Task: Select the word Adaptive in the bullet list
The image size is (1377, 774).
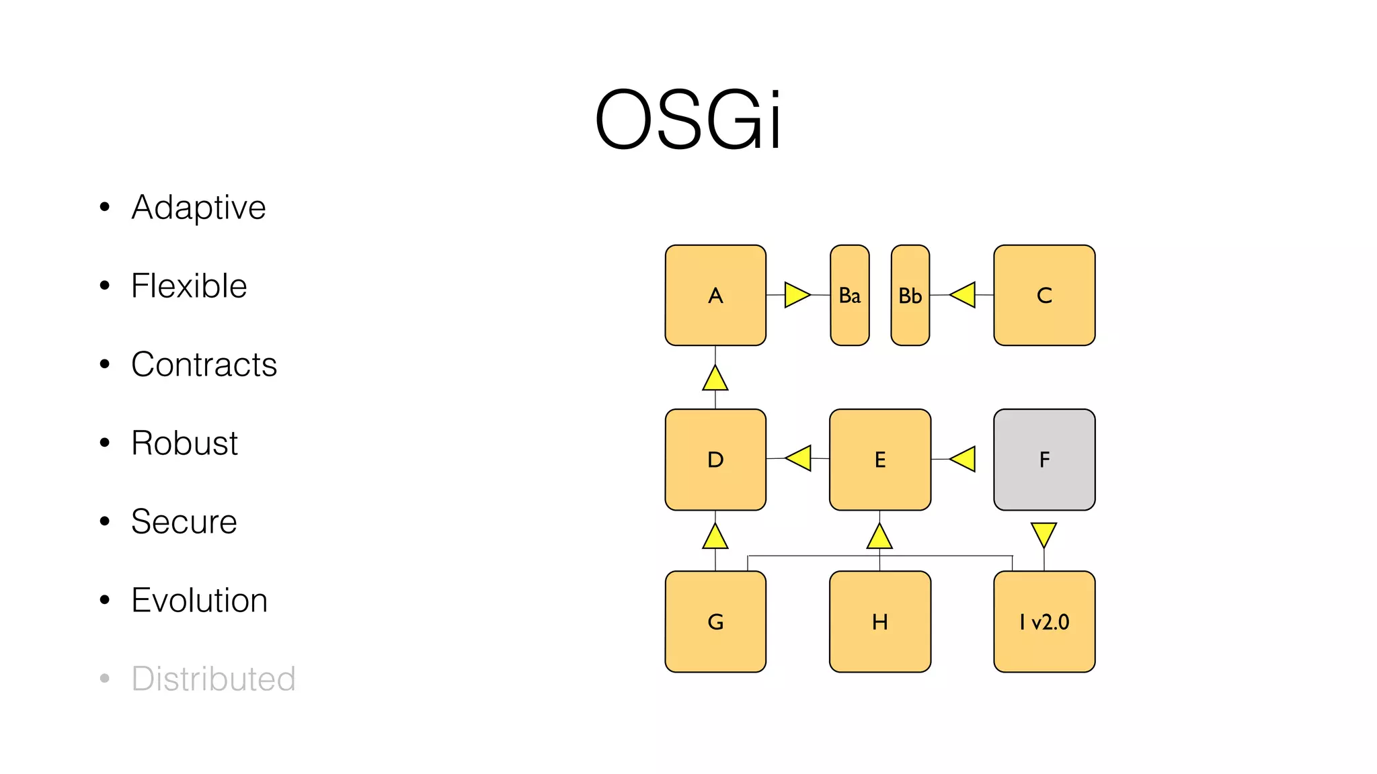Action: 198,207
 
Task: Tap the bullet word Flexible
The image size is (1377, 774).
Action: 189,286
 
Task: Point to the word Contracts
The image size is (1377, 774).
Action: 204,364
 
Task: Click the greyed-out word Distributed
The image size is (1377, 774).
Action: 213,679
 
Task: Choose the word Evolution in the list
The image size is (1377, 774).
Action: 199,600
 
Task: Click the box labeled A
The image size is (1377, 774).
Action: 715,295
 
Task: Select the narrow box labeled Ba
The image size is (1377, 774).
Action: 850,295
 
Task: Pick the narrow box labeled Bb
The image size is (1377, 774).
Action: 910,295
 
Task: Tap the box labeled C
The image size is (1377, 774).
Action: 1044,295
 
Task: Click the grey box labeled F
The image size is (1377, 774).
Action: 1044,460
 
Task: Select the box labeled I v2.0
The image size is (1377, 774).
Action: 1044,621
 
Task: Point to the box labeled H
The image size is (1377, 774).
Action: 880,621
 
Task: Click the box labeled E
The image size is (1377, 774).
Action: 880,460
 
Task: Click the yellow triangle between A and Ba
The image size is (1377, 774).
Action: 795,295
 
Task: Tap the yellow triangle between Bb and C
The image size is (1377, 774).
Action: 964,295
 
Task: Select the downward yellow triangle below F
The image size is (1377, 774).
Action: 1044,533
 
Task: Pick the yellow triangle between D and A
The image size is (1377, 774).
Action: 715,380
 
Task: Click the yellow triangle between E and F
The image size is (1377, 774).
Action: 964,459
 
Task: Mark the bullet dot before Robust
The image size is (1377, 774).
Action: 104,443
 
